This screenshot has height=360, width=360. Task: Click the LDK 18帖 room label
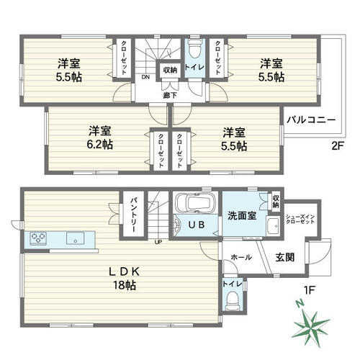(x=125, y=279)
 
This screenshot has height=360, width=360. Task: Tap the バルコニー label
(x=311, y=120)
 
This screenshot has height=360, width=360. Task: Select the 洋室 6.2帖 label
(x=100, y=138)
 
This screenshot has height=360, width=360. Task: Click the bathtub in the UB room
(x=194, y=203)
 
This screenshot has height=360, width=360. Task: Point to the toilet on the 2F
(x=194, y=49)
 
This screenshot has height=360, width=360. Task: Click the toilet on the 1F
(x=232, y=300)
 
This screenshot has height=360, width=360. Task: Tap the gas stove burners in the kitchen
(x=38, y=238)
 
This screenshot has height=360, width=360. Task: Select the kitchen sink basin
(x=76, y=238)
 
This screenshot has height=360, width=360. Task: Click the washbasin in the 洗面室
(x=272, y=226)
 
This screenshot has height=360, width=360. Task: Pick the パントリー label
(x=133, y=215)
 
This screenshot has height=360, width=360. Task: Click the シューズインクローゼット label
(x=300, y=219)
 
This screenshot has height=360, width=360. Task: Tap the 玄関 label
(x=284, y=257)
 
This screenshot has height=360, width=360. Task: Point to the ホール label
(x=241, y=257)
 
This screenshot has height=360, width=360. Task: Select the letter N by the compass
(x=300, y=304)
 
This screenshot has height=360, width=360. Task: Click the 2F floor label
(x=338, y=146)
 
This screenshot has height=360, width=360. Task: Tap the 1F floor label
(x=310, y=290)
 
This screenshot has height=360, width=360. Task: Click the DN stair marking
(x=145, y=77)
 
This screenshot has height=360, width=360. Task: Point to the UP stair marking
(x=158, y=242)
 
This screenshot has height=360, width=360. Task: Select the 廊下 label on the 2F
(x=170, y=96)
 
